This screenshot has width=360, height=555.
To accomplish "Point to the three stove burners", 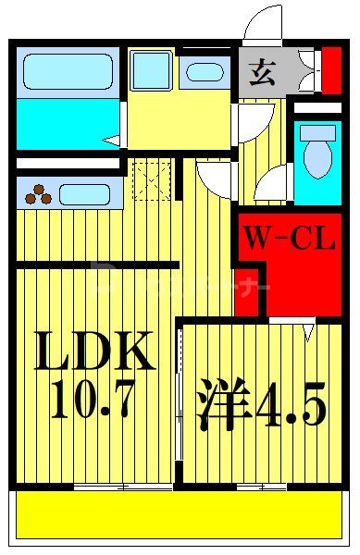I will pos(39,194).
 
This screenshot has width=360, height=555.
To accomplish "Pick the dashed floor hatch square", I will pos(149,179).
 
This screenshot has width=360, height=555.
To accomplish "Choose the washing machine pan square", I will pos(151,70).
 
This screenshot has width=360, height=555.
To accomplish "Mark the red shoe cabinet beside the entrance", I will pos(330,70).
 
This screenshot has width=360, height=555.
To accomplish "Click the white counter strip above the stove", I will pos(67,164).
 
